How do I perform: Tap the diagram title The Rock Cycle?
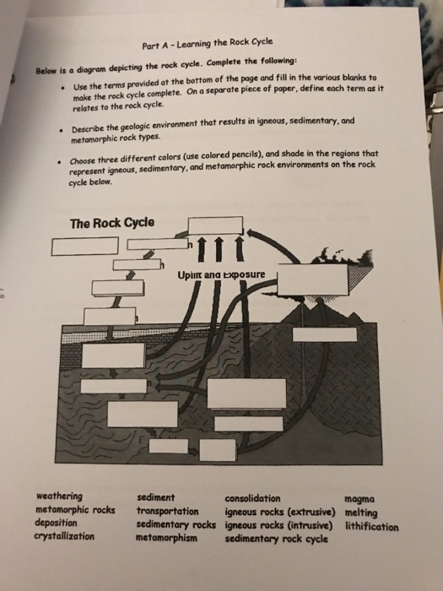coord(112,225)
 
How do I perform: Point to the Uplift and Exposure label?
coord(222,275)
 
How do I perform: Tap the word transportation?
coord(167,511)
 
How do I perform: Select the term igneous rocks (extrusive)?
coord(279,511)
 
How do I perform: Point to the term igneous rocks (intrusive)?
coord(278,523)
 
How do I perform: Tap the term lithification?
coord(371,525)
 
